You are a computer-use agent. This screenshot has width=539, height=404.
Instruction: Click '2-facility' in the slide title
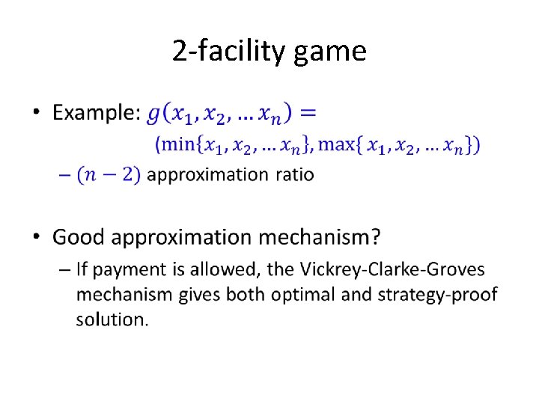pos(230,52)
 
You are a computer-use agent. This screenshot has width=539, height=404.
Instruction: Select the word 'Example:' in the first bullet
pos(97,114)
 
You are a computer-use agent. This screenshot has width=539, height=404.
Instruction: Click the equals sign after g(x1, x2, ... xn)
pos(307,113)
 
